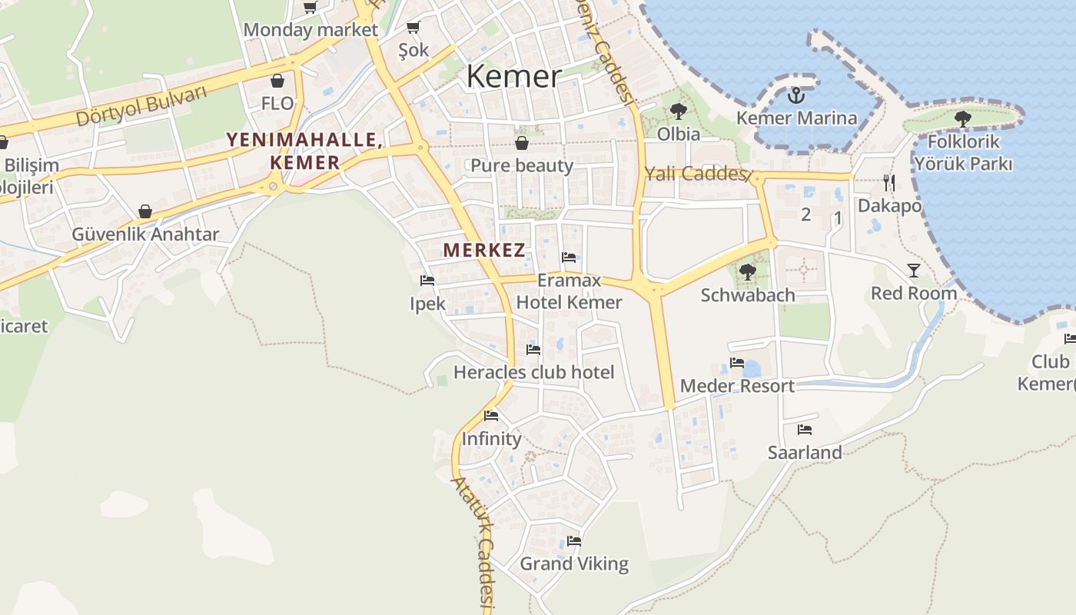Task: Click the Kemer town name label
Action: click(x=513, y=76)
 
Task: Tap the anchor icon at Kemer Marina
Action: click(x=796, y=95)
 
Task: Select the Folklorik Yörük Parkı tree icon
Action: click(x=962, y=118)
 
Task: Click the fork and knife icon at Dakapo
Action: click(x=889, y=183)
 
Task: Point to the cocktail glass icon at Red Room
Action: click(x=913, y=270)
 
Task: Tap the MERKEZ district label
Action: click(x=484, y=250)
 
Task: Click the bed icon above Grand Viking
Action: click(x=574, y=540)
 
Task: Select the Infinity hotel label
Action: click(x=491, y=439)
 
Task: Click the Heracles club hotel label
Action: click(x=533, y=373)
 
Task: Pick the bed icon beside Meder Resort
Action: click(x=737, y=362)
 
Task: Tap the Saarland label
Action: click(x=805, y=453)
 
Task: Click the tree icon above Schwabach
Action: click(x=747, y=271)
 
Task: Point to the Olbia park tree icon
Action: click(x=678, y=111)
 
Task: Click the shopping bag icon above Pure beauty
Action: click(x=522, y=143)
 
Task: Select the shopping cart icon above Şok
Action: click(x=413, y=28)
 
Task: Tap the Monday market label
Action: click(x=311, y=31)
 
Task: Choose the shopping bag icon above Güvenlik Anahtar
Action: click(x=144, y=211)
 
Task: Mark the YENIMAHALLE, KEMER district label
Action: click(x=304, y=151)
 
